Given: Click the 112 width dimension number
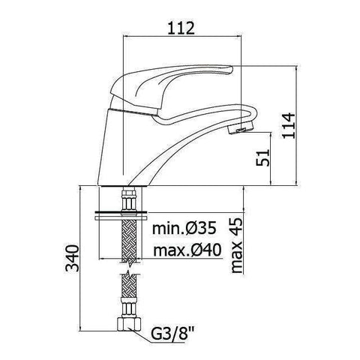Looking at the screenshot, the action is pos(181,28).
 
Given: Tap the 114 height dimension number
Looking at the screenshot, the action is pos(289,125).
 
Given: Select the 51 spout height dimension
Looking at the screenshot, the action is pos(263,157).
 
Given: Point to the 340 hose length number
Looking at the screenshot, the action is pos(72,258).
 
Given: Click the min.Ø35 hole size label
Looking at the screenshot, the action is pos(184,228).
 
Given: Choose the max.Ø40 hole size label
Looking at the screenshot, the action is pos(187,250).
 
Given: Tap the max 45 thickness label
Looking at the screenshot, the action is pos(236,245).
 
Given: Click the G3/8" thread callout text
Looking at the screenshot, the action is pos(173,334).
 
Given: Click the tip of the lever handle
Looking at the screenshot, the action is pos(232,69).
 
